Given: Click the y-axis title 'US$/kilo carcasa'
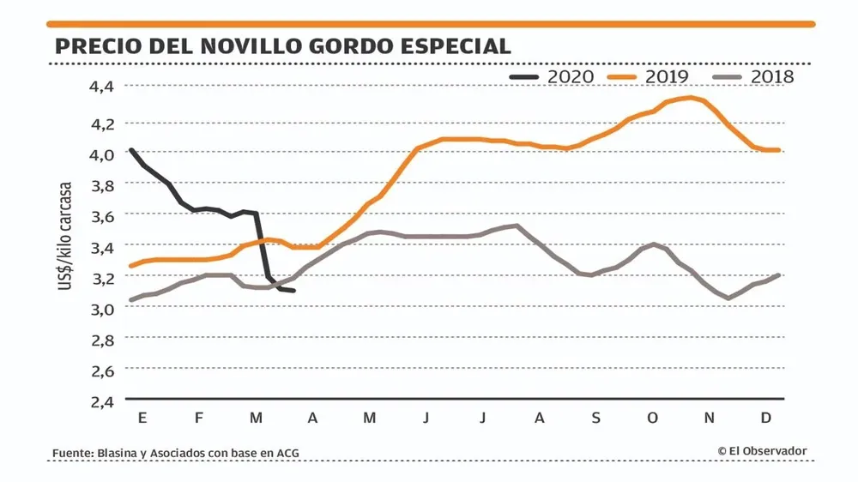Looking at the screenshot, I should (65, 235).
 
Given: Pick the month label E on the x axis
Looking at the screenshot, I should (142, 418).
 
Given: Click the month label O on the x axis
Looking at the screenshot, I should (653, 418).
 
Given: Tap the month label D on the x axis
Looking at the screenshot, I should (766, 418).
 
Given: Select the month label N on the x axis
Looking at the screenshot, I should (710, 418).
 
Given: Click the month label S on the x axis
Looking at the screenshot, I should (596, 418).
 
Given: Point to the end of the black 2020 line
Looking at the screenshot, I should (294, 291).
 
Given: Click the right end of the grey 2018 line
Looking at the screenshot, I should (778, 275).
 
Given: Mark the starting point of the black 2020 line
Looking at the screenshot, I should (130, 150).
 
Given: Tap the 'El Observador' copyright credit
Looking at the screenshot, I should (762, 451).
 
